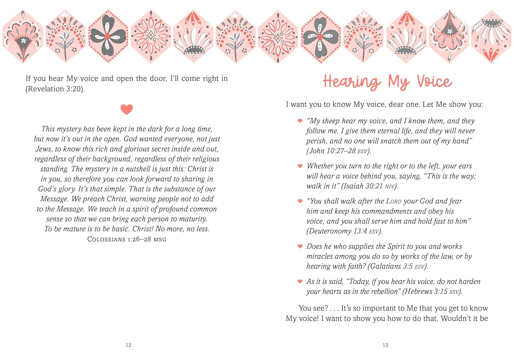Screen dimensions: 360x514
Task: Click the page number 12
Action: point(128,345)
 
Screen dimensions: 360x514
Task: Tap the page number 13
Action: point(385,345)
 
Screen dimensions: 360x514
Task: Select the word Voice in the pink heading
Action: point(434,82)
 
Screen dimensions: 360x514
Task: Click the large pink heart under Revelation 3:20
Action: point(126,109)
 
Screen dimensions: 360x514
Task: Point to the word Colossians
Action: point(106,239)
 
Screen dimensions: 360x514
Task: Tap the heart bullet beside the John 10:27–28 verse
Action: point(300,121)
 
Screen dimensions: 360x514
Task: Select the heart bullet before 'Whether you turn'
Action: point(300,166)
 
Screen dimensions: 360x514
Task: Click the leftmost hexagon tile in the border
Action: point(23,36)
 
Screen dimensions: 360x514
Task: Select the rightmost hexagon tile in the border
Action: point(491,36)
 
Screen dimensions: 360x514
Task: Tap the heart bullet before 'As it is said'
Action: point(300,281)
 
